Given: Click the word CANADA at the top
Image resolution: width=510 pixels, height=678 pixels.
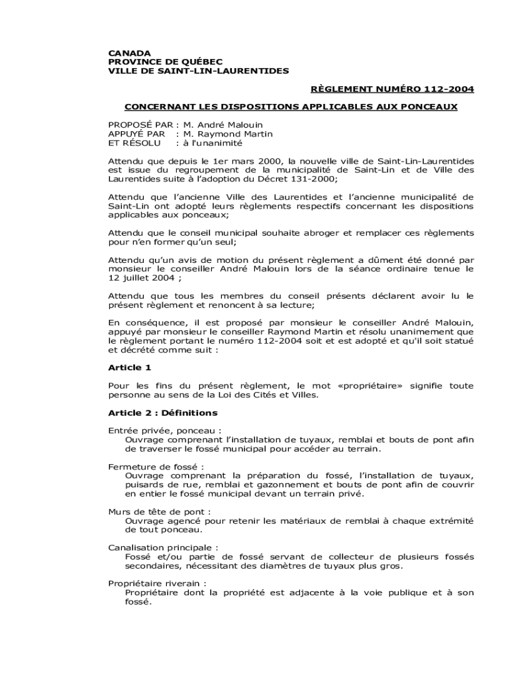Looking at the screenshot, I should [x=129, y=52].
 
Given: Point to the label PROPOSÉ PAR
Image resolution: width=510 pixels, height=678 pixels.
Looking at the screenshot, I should [x=140, y=124].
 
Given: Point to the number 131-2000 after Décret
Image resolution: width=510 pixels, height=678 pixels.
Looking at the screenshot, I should [x=313, y=179].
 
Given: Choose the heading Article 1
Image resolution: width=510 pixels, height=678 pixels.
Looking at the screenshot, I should [x=130, y=367].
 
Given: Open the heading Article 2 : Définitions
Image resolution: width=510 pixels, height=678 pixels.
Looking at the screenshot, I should [x=162, y=412].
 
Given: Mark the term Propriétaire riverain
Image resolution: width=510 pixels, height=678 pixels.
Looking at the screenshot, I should [x=156, y=583].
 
